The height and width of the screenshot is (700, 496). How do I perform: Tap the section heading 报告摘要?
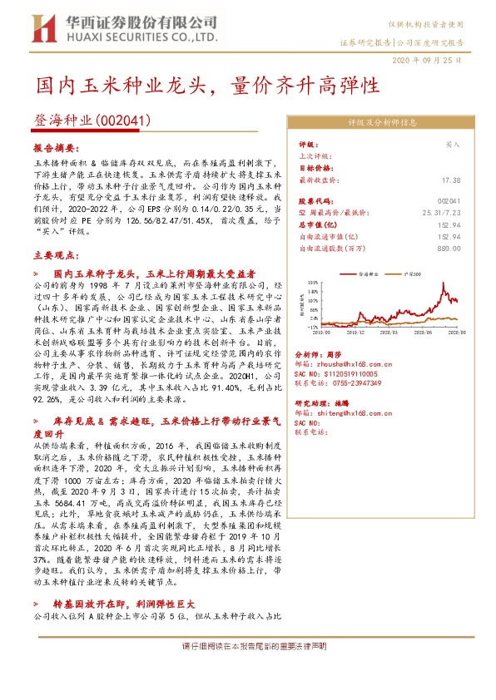pyautogui.click(x=52, y=145)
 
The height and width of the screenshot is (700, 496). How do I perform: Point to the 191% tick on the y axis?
pyautogui.click(x=313, y=283)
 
